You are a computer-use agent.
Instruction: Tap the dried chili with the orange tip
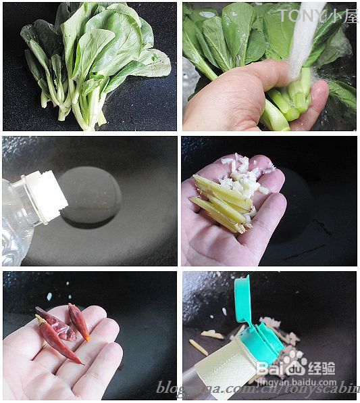click(79, 322)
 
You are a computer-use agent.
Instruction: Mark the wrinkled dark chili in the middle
click(57, 324)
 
